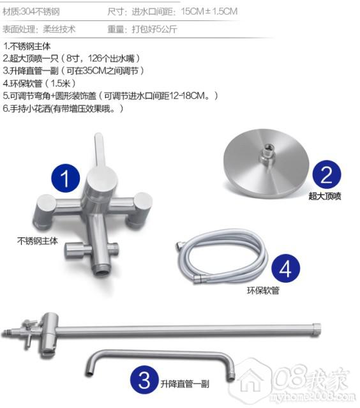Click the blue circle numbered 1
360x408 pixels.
click(66, 178)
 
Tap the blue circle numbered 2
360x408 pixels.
click(327, 174)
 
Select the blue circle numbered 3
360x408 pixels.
click(145, 380)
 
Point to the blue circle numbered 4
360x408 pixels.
click(285, 268)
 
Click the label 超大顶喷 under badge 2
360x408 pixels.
click(325, 196)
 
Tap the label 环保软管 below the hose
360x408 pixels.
click(263, 290)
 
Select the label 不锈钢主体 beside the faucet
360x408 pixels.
click(38, 241)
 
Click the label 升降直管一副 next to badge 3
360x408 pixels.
click(185, 384)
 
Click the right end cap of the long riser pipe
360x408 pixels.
click(317, 329)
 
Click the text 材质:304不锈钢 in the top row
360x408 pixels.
click(31, 11)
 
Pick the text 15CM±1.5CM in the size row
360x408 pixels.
click(209, 11)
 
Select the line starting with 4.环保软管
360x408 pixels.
click(40, 83)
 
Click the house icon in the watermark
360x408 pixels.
click(251, 381)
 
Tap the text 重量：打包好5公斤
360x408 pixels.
click(142, 29)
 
